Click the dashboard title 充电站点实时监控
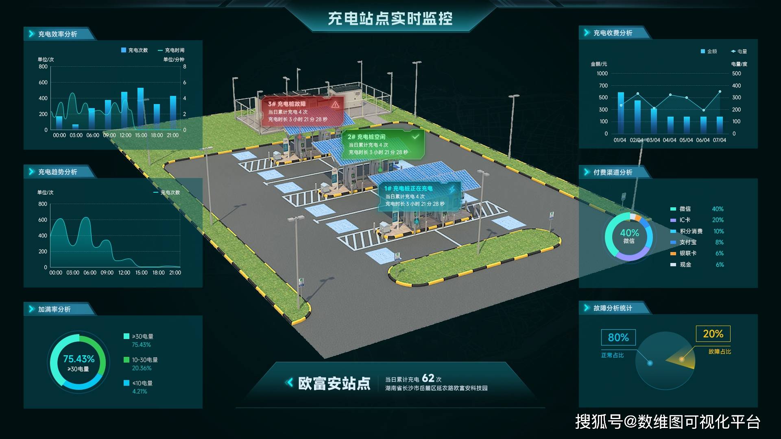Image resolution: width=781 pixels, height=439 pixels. tap(390, 19)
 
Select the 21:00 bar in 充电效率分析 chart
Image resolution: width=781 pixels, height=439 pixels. tap(173, 113)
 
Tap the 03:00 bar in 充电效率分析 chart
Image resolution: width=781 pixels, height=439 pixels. tap(75, 127)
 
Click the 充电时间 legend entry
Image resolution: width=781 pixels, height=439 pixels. tap(171, 50)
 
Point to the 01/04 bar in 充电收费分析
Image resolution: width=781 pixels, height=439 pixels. tap(621, 113)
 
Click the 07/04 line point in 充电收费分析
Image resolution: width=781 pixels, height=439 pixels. tap(720, 91)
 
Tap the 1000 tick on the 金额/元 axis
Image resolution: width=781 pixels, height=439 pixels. tap(602, 74)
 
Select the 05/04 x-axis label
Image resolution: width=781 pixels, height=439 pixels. tap(686, 140)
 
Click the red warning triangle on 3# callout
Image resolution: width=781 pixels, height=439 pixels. tap(335, 104)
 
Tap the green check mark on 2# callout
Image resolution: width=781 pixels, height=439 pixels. tap(415, 137)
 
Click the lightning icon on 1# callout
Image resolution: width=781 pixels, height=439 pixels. tap(452, 189)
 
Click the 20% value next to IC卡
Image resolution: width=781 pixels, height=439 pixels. tap(718, 220)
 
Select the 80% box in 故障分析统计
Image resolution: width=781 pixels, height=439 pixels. tap(618, 337)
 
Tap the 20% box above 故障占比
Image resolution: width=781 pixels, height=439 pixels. tap(713, 334)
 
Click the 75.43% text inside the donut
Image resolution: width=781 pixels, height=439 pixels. tap(79, 359)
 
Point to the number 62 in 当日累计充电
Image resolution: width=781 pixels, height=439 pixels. tap(428, 378)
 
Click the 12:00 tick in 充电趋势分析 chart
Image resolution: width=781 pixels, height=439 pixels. tap(124, 273)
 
